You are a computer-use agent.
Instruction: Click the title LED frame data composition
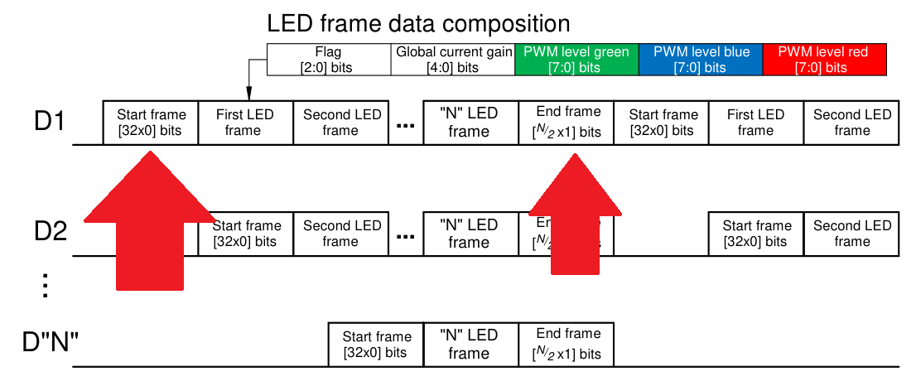pyautogui.click(x=418, y=22)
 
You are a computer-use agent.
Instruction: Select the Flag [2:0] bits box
pyautogui.click(x=329, y=60)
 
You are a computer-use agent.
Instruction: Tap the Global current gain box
pyautogui.click(x=452, y=60)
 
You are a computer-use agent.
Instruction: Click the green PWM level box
pyautogui.click(x=576, y=60)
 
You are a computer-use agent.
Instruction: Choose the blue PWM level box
pyautogui.click(x=701, y=60)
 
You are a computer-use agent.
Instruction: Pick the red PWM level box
pyautogui.click(x=824, y=60)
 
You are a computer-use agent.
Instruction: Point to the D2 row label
pyautogui.click(x=50, y=232)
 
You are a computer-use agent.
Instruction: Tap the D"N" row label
pyautogui.click(x=50, y=340)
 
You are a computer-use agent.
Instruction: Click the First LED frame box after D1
pyautogui.click(x=244, y=123)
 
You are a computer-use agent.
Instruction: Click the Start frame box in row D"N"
pyautogui.click(x=376, y=345)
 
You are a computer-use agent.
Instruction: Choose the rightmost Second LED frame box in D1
pyautogui.click(x=852, y=123)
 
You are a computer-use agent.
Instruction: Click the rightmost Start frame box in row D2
pyautogui.click(x=755, y=234)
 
